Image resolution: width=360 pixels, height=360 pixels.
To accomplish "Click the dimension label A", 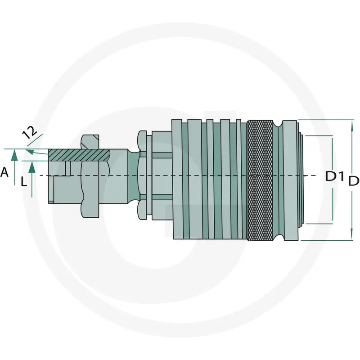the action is [x=4, y=172].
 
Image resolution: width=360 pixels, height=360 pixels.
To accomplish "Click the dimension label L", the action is [x=24, y=182].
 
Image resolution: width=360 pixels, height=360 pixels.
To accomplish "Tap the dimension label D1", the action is [x=334, y=176].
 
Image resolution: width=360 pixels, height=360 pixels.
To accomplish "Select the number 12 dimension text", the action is [x=30, y=132].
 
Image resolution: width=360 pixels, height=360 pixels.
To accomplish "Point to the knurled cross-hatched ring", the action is [x=260, y=180].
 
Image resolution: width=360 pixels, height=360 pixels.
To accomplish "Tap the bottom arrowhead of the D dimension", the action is [x=352, y=234].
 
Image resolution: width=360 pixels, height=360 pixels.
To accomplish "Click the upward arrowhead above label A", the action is [x=14, y=155].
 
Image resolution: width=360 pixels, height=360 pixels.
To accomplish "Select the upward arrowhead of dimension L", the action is [x=32, y=167].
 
